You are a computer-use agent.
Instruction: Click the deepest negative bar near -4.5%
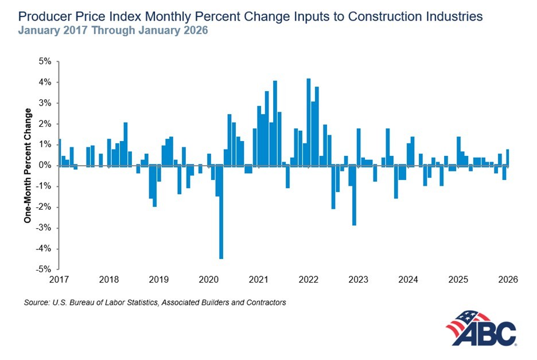coord(221,212)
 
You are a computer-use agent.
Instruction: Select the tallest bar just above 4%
coord(309,123)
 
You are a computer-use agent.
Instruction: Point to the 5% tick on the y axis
coord(45,61)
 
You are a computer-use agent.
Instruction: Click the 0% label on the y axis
coord(45,166)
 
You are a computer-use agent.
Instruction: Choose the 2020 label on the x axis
coord(208,280)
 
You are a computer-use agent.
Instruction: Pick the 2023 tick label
coord(359,280)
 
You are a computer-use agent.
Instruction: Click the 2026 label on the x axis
coord(508,280)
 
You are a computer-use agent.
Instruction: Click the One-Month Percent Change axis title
coord(27,165)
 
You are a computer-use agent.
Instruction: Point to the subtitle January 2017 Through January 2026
coord(112,30)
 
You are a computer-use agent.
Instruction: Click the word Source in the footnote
coord(36,302)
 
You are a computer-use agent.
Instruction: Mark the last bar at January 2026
coord(508,158)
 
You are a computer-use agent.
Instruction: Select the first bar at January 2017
coord(59,152)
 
